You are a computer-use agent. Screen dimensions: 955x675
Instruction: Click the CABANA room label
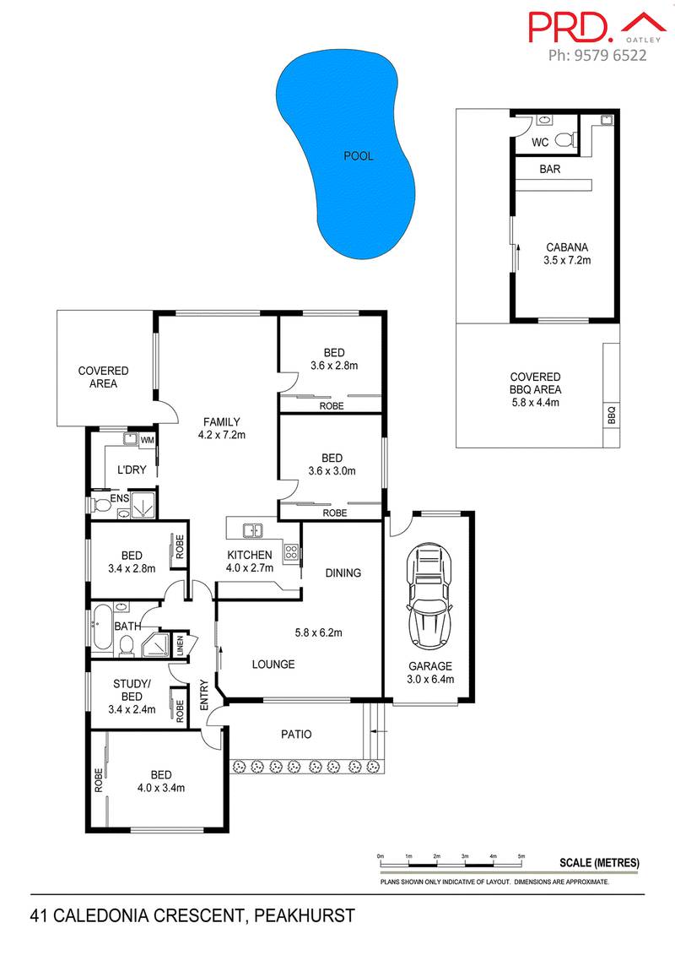(566, 247)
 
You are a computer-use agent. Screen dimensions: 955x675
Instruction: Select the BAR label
(550, 169)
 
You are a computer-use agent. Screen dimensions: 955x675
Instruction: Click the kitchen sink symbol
(251, 531)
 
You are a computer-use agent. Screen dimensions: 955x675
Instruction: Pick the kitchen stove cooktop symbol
(291, 553)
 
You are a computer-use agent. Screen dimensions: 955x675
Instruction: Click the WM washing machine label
(146, 440)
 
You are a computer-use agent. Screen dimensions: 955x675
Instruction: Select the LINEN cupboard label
(179, 646)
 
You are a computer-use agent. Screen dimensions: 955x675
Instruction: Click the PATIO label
(295, 734)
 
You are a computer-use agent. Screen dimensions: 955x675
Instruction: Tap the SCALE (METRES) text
(600, 863)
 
